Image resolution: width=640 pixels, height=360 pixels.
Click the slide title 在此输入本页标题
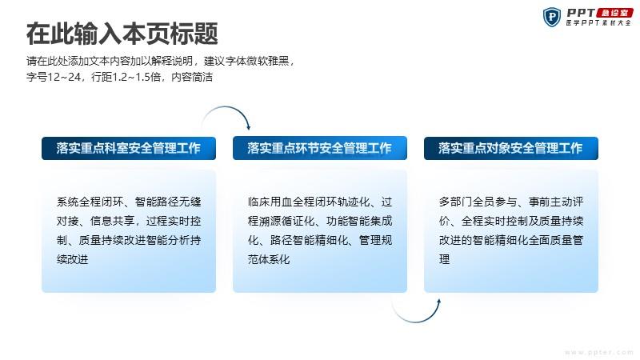pos(122,34)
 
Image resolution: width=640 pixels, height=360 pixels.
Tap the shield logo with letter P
pos(552,17)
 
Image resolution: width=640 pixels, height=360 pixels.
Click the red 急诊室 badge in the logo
pos(614,13)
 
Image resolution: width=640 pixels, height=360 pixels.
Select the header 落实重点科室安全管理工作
pos(129,148)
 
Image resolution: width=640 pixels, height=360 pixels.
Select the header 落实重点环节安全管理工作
pos(319,148)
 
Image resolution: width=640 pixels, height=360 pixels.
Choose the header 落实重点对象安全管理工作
pos(511,148)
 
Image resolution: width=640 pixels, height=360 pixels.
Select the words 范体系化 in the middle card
pos(269,259)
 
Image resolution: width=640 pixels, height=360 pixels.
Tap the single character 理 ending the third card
pos(445,259)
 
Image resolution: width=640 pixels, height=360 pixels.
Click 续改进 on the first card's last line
pos(72,259)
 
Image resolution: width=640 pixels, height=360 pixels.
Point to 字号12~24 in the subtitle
pos(54,77)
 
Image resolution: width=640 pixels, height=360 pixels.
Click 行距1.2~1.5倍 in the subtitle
pos(126,77)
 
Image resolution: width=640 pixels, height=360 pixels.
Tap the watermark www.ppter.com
pos(598,352)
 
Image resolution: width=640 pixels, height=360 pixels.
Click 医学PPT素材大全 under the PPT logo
pos(598,23)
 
